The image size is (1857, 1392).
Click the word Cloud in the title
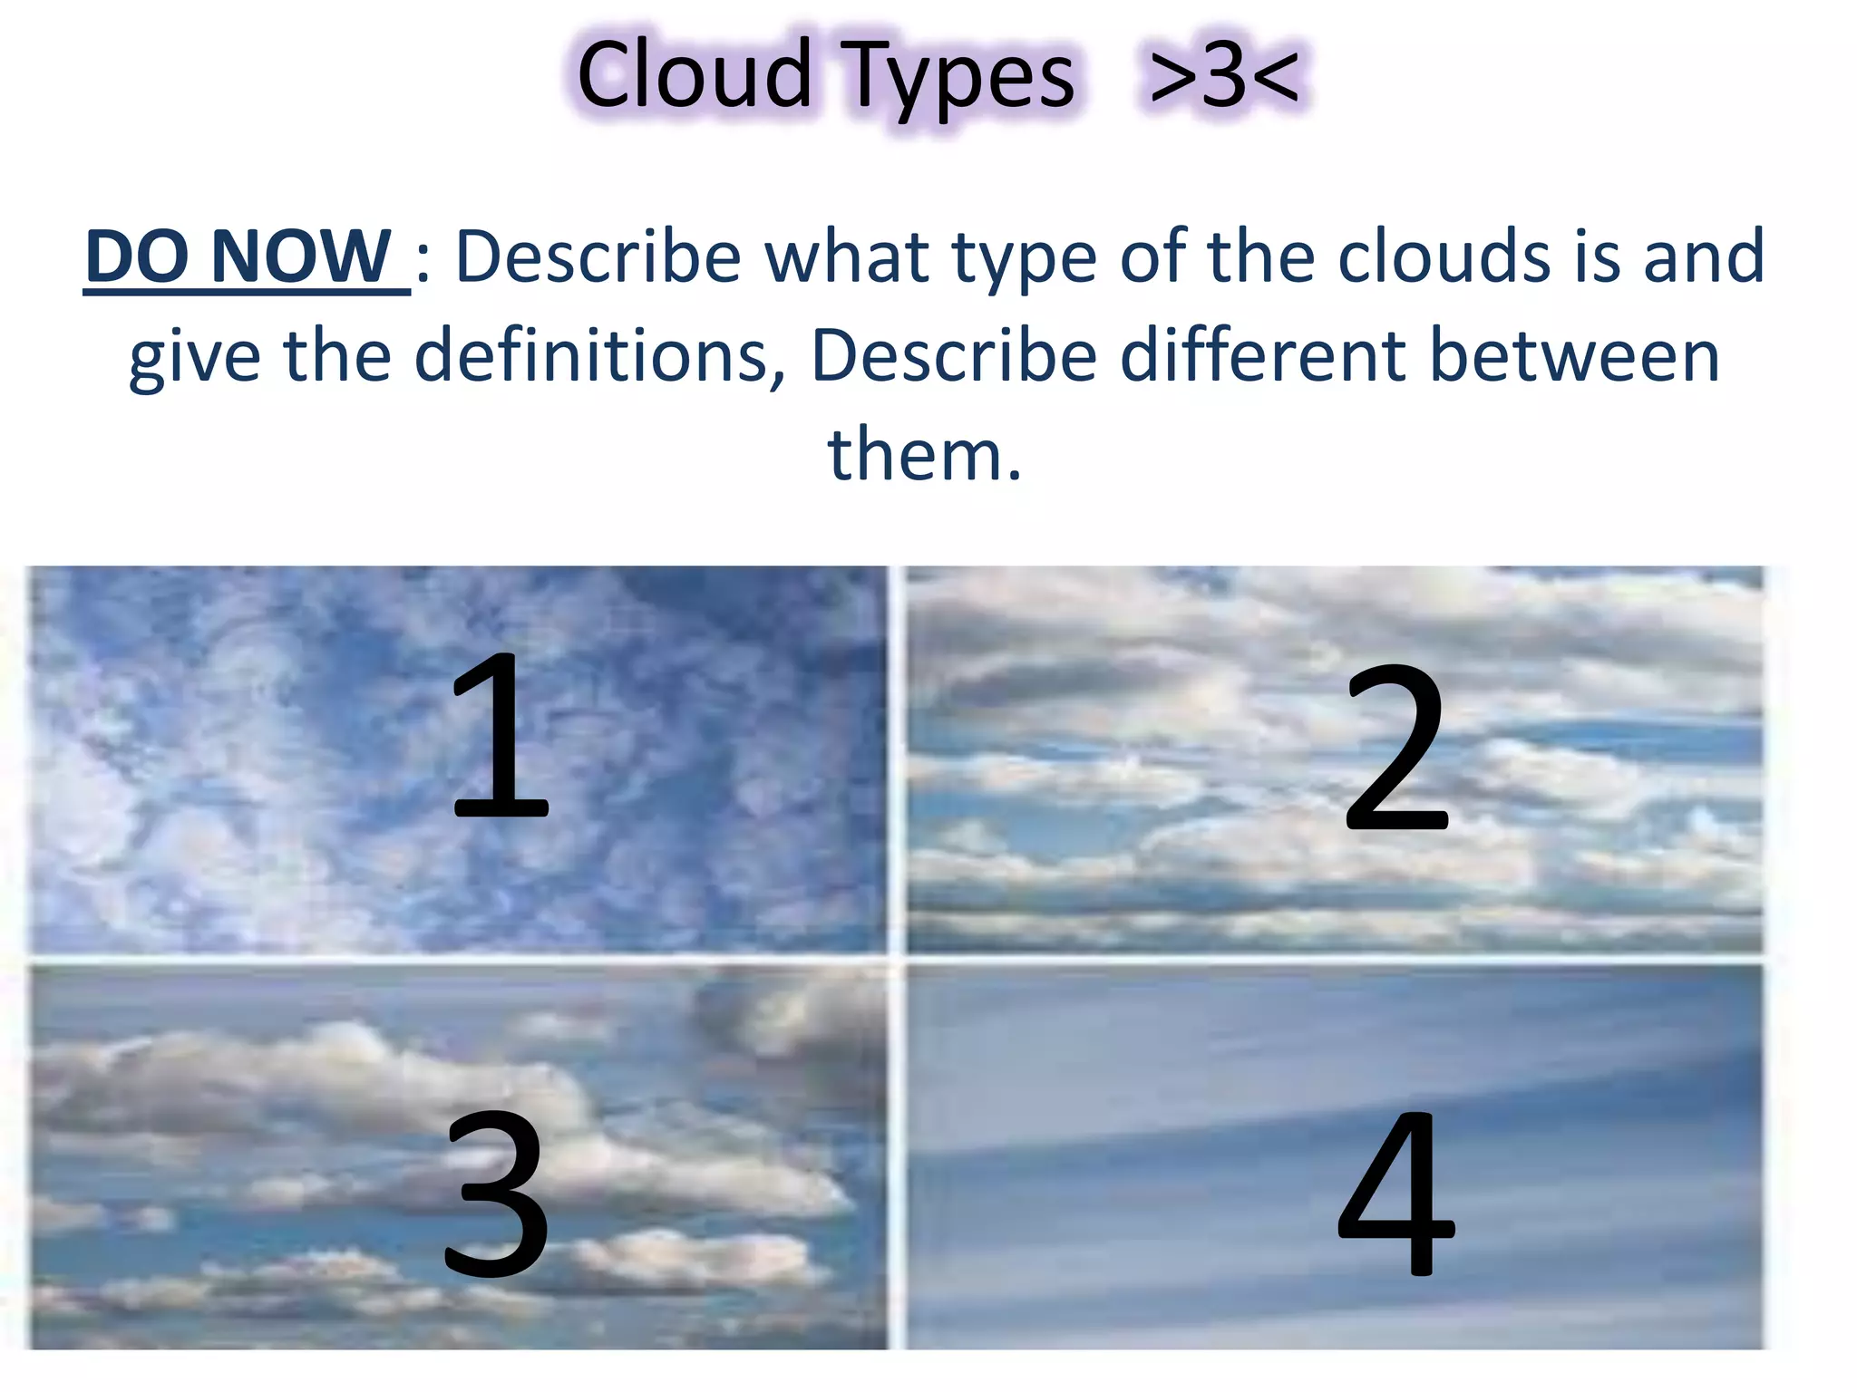[693, 76]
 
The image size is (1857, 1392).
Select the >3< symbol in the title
[1224, 76]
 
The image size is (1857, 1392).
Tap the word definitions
[598, 355]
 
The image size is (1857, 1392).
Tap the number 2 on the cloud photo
[1396, 748]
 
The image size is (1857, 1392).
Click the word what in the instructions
[848, 256]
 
